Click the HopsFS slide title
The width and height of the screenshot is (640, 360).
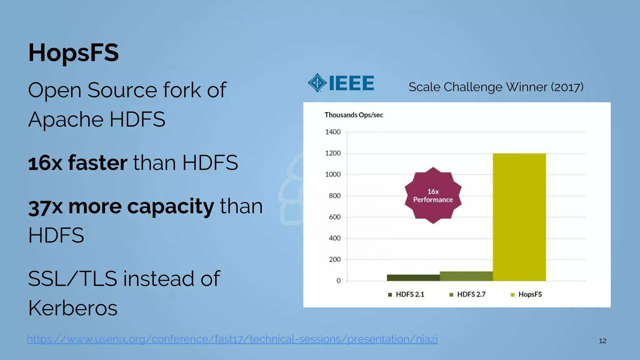click(73, 52)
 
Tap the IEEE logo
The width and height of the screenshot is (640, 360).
click(341, 83)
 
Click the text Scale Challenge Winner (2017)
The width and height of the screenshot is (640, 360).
click(496, 87)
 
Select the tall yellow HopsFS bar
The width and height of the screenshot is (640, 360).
click(519, 217)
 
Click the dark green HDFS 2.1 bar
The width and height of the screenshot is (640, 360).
click(413, 278)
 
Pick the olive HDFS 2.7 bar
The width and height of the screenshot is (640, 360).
click(466, 276)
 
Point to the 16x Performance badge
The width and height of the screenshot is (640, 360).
click(433, 196)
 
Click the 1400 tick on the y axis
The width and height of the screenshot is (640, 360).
click(333, 132)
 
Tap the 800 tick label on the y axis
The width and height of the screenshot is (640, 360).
click(334, 196)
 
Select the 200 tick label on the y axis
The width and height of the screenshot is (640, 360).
click(334, 260)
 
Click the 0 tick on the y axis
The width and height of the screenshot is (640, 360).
click(338, 281)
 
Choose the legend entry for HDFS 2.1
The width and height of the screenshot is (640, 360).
click(406, 294)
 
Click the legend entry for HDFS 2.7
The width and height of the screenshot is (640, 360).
click(467, 294)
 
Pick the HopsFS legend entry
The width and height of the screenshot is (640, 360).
click(526, 294)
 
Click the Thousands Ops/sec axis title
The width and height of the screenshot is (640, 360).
click(353, 115)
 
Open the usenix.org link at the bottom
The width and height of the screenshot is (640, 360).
click(232, 339)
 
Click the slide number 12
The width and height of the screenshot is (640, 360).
click(602, 341)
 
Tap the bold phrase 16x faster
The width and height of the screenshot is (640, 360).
click(77, 163)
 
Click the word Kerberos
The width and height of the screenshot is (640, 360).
click(73, 308)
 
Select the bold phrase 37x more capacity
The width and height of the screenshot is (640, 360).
click(121, 207)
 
